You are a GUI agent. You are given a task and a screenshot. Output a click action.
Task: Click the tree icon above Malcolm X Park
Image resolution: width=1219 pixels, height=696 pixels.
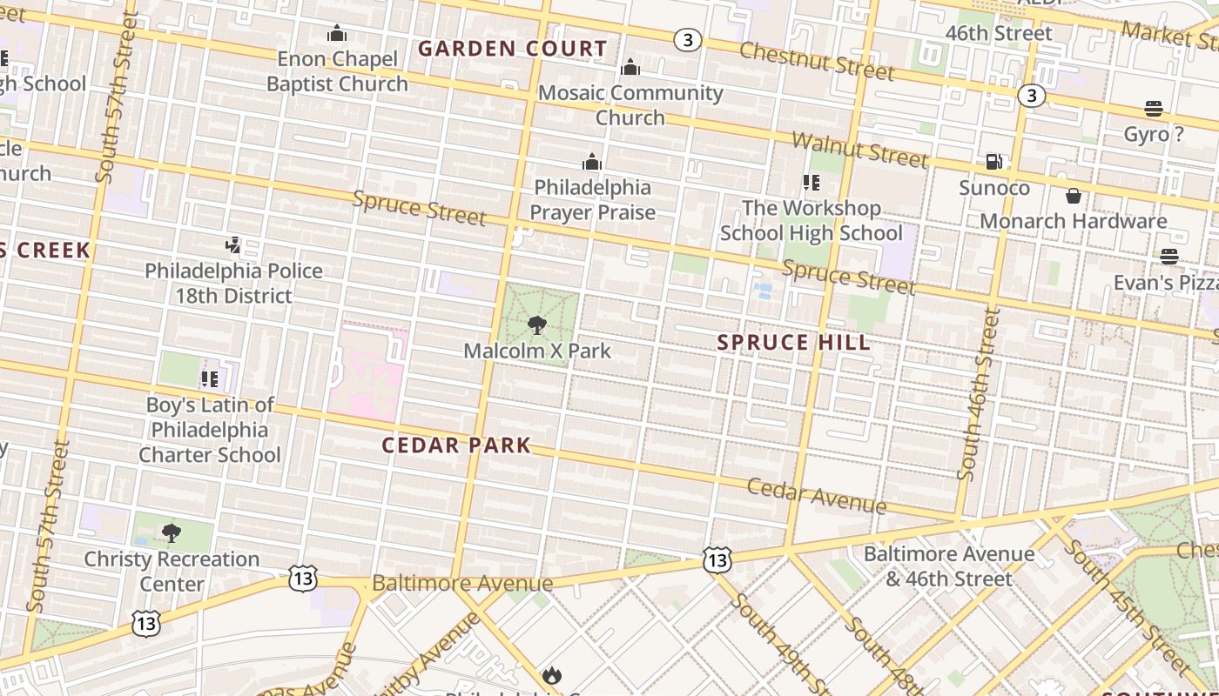(537, 325)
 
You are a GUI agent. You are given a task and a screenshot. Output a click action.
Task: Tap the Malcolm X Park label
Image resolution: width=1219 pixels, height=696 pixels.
(537, 351)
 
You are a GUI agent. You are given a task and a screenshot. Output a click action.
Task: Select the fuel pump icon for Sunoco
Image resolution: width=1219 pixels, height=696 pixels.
(993, 162)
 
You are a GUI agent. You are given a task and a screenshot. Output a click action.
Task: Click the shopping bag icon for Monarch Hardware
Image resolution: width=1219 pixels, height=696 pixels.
(1074, 196)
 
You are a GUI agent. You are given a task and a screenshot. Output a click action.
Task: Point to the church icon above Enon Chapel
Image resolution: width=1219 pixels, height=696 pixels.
(337, 34)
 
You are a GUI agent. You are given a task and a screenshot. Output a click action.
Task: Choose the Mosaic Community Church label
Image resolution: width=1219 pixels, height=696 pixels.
(630, 104)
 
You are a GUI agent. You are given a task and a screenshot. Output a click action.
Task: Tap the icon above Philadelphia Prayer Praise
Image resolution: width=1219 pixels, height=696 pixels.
(592, 162)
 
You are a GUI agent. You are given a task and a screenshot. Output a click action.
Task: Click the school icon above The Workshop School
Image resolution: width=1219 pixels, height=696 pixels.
(812, 183)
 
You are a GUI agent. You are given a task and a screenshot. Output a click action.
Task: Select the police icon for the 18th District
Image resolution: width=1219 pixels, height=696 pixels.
(232, 245)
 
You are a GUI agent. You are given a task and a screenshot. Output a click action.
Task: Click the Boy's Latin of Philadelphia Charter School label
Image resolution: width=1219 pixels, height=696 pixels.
(210, 430)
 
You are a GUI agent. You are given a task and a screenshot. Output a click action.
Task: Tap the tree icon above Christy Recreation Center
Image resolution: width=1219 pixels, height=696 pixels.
(172, 532)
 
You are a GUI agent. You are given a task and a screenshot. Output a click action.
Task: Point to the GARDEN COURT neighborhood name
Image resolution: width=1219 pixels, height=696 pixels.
(512, 49)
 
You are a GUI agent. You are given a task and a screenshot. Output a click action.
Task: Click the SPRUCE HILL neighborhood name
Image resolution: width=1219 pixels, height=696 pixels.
(793, 343)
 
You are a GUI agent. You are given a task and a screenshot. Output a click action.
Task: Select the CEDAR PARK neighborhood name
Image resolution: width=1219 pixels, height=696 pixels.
(456, 445)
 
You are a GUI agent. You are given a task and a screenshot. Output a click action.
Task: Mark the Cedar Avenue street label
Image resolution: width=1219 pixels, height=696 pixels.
(817, 496)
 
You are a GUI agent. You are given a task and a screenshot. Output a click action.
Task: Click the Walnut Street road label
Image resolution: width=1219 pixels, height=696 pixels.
(859, 150)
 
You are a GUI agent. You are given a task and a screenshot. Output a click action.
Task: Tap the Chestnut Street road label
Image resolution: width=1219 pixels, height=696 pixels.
(816, 59)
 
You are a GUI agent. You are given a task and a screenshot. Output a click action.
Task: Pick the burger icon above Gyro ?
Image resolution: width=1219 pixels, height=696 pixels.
(1154, 109)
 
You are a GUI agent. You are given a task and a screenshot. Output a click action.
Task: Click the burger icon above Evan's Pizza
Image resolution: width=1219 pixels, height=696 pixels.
(1169, 257)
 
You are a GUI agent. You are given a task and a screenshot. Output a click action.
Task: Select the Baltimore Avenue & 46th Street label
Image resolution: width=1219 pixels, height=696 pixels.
(948, 565)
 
